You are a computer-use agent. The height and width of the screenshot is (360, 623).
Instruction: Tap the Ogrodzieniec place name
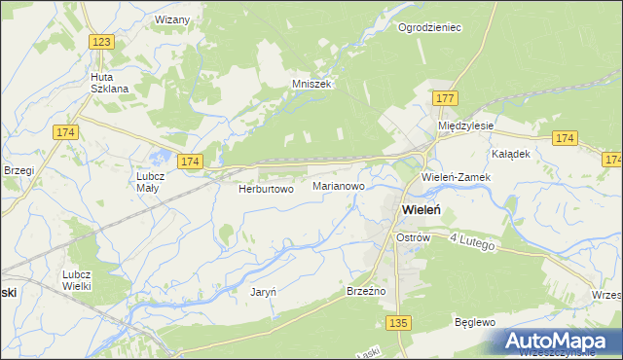(429, 27)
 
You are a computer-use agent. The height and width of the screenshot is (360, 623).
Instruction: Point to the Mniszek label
(312, 84)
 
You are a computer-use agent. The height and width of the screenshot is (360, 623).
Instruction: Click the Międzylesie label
(466, 126)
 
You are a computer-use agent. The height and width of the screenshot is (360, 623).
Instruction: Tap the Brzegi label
(18, 170)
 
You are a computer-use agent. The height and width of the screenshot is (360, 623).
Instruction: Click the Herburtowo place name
(266, 190)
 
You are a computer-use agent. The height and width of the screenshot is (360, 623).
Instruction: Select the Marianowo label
(340, 184)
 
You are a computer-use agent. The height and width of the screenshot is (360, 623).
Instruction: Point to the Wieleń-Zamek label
(457, 178)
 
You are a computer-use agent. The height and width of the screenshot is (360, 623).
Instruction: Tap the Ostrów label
(413, 237)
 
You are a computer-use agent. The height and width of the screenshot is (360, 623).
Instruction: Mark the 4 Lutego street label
(473, 242)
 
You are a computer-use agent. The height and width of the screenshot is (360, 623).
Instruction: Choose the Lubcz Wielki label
(77, 280)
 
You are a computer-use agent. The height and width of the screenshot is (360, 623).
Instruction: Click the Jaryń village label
(264, 292)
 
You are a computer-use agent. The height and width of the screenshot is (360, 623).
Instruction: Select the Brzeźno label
(367, 291)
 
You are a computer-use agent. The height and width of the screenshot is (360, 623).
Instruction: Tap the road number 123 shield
(102, 41)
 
